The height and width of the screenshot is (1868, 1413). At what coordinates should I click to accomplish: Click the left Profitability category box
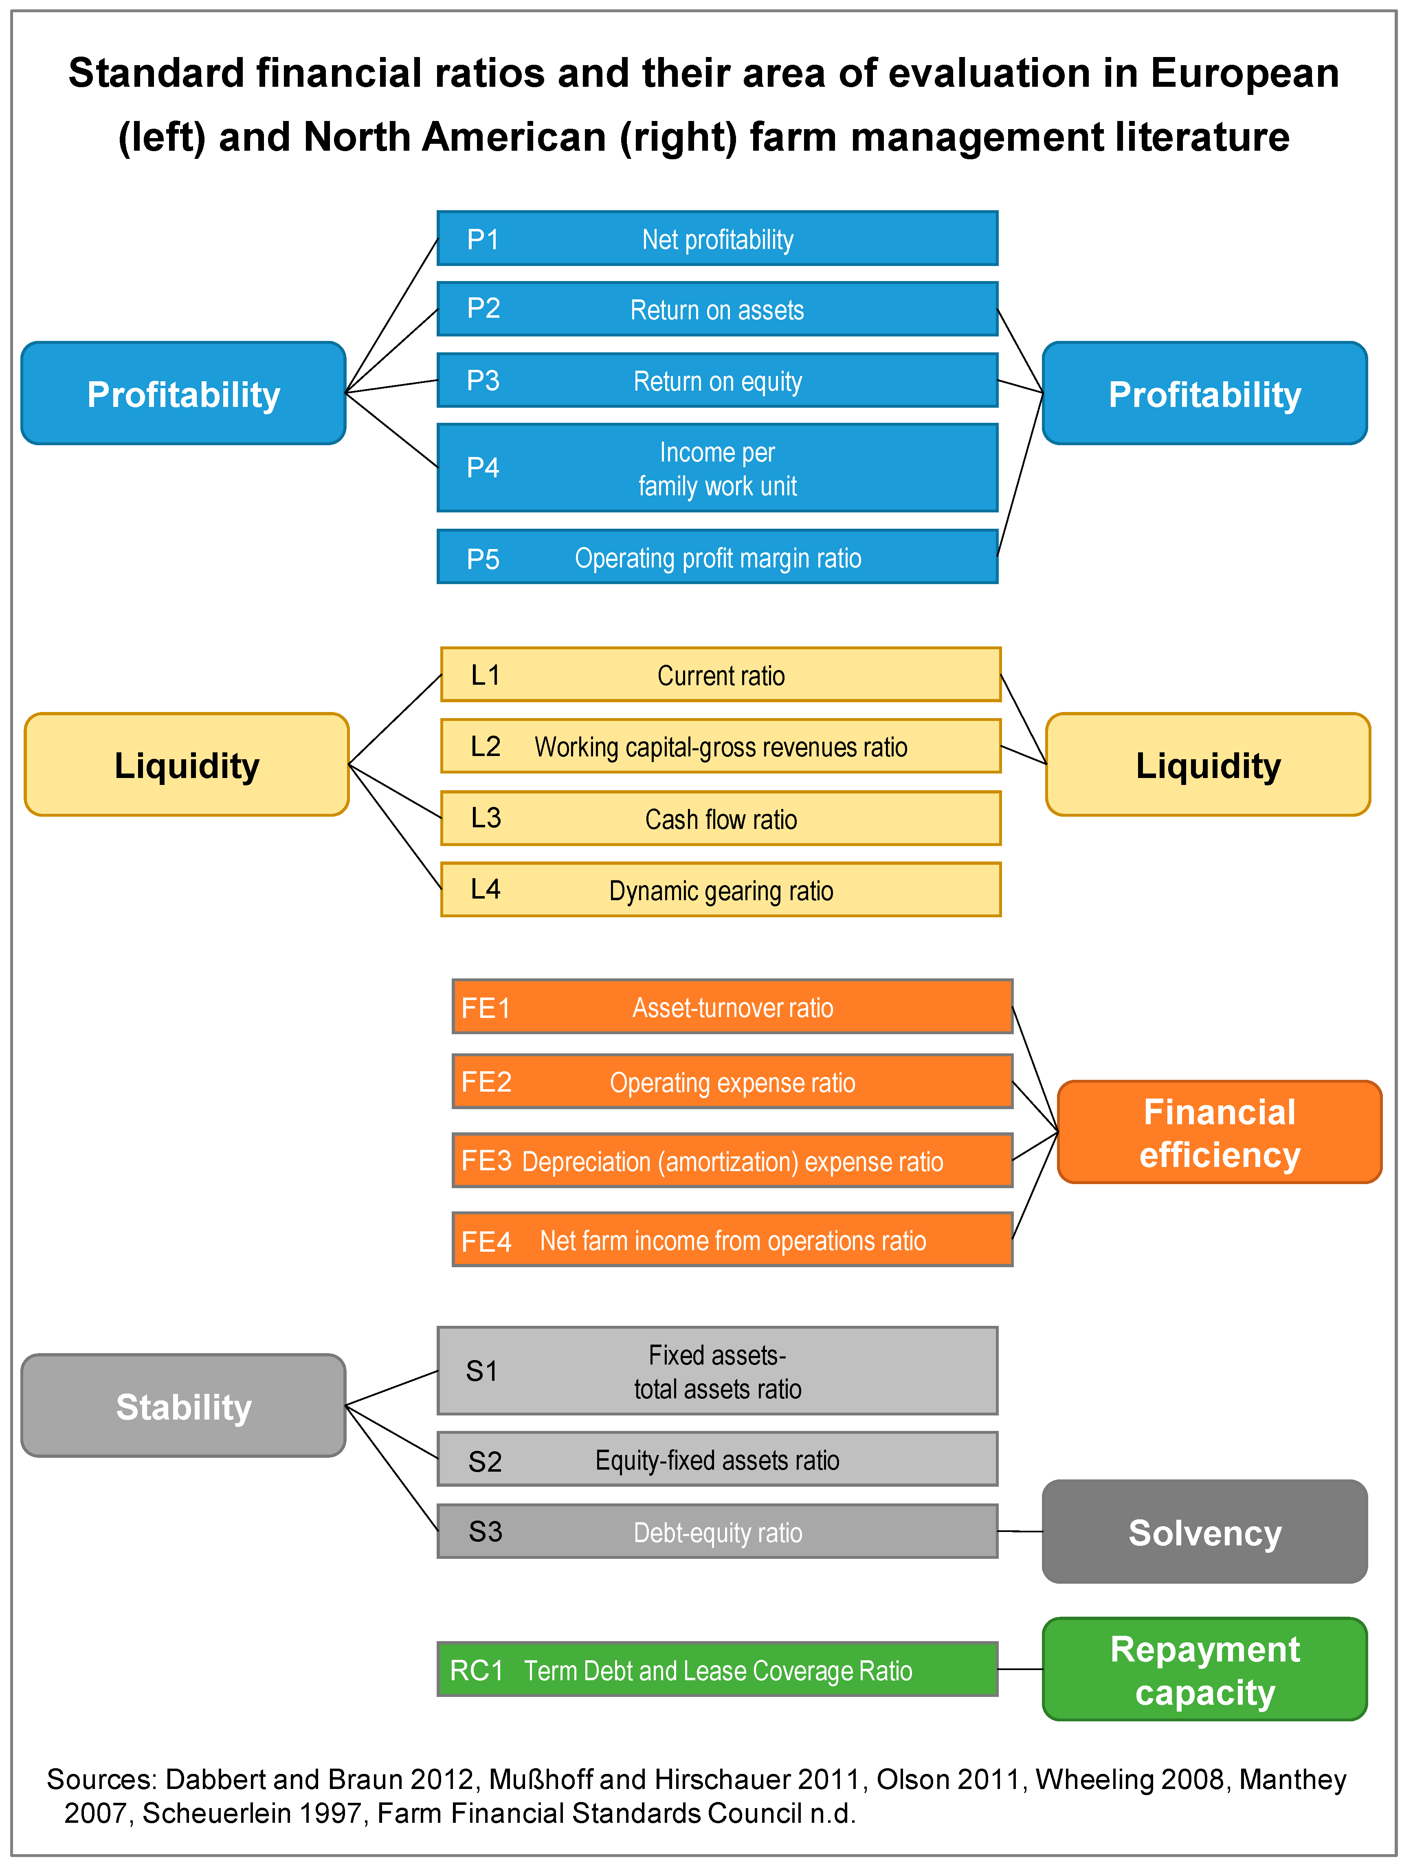point(183,393)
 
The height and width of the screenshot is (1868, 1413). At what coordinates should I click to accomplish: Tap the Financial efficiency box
point(1219,1132)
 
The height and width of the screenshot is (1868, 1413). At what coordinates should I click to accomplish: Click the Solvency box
point(1204,1532)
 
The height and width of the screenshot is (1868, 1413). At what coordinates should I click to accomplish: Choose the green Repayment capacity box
point(1204,1670)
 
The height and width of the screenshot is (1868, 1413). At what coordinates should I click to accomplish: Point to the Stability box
point(183,1406)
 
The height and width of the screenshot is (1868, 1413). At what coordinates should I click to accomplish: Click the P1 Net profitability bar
point(717,239)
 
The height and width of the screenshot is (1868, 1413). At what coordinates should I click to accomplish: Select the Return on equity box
point(717,381)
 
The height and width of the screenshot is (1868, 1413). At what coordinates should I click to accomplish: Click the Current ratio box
point(721,675)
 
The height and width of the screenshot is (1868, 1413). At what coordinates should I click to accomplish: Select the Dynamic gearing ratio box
point(721,890)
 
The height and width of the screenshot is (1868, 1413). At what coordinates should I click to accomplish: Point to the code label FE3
point(486,1161)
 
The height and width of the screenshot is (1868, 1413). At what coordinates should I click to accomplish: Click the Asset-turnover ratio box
point(732,1007)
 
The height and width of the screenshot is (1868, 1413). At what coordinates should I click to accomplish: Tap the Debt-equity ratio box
point(717,1532)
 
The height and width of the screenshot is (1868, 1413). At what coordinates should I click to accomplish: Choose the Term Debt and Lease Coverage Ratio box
point(717,1670)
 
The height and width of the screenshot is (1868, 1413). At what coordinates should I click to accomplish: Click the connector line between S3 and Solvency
point(1020,1531)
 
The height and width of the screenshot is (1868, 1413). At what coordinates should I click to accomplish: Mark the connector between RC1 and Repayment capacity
point(1020,1670)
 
